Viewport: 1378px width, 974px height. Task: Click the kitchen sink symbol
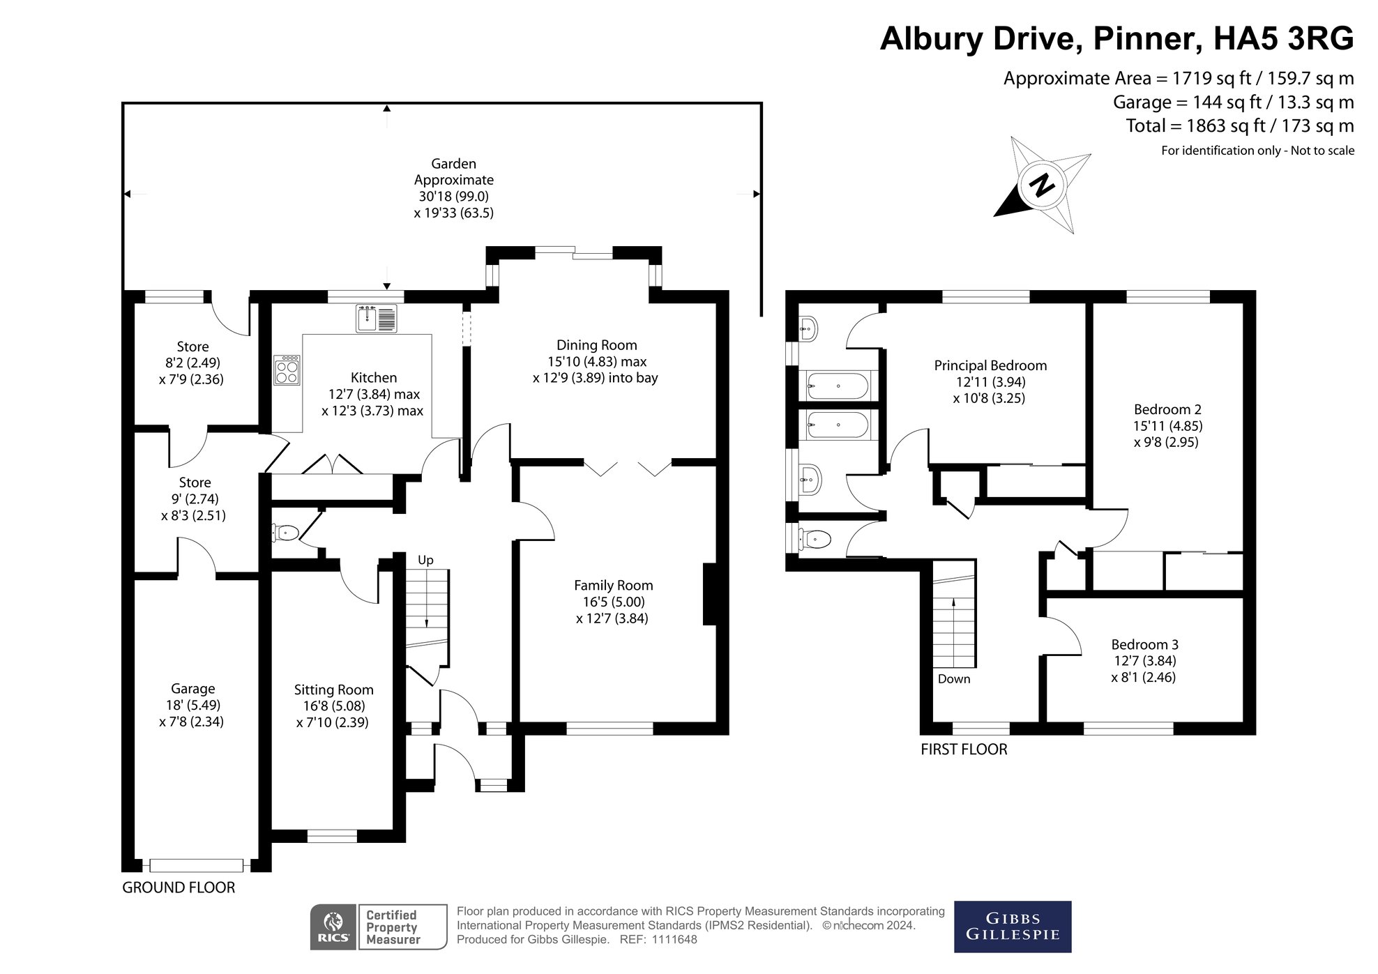(376, 318)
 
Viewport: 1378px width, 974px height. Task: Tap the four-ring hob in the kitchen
(287, 370)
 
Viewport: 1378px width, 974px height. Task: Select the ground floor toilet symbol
(285, 533)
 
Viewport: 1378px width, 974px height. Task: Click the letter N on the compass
(1042, 185)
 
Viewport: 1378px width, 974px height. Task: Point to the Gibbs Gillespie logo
(1012, 927)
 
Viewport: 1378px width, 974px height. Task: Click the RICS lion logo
(334, 927)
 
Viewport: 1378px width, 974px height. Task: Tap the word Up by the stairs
(425, 560)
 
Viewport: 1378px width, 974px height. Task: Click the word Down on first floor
(953, 679)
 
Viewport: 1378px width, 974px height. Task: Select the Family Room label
(613, 586)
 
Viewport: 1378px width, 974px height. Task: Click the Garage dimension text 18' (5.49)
(192, 705)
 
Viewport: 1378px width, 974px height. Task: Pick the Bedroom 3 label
(1144, 644)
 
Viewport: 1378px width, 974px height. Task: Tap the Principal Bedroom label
(990, 365)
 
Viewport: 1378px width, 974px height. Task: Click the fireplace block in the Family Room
(709, 594)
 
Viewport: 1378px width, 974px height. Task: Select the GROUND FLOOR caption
(179, 888)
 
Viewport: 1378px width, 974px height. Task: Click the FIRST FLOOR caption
(964, 749)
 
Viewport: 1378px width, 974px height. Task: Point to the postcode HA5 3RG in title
(1283, 38)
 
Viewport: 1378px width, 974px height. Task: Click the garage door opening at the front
(197, 865)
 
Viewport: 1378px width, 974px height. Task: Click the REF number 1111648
(674, 939)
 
